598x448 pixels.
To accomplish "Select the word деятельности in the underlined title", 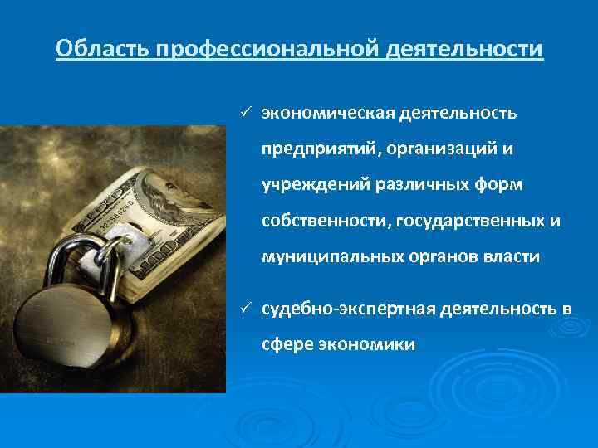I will (464, 50).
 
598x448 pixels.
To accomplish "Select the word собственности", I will (326, 221).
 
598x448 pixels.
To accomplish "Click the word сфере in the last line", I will (287, 345).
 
